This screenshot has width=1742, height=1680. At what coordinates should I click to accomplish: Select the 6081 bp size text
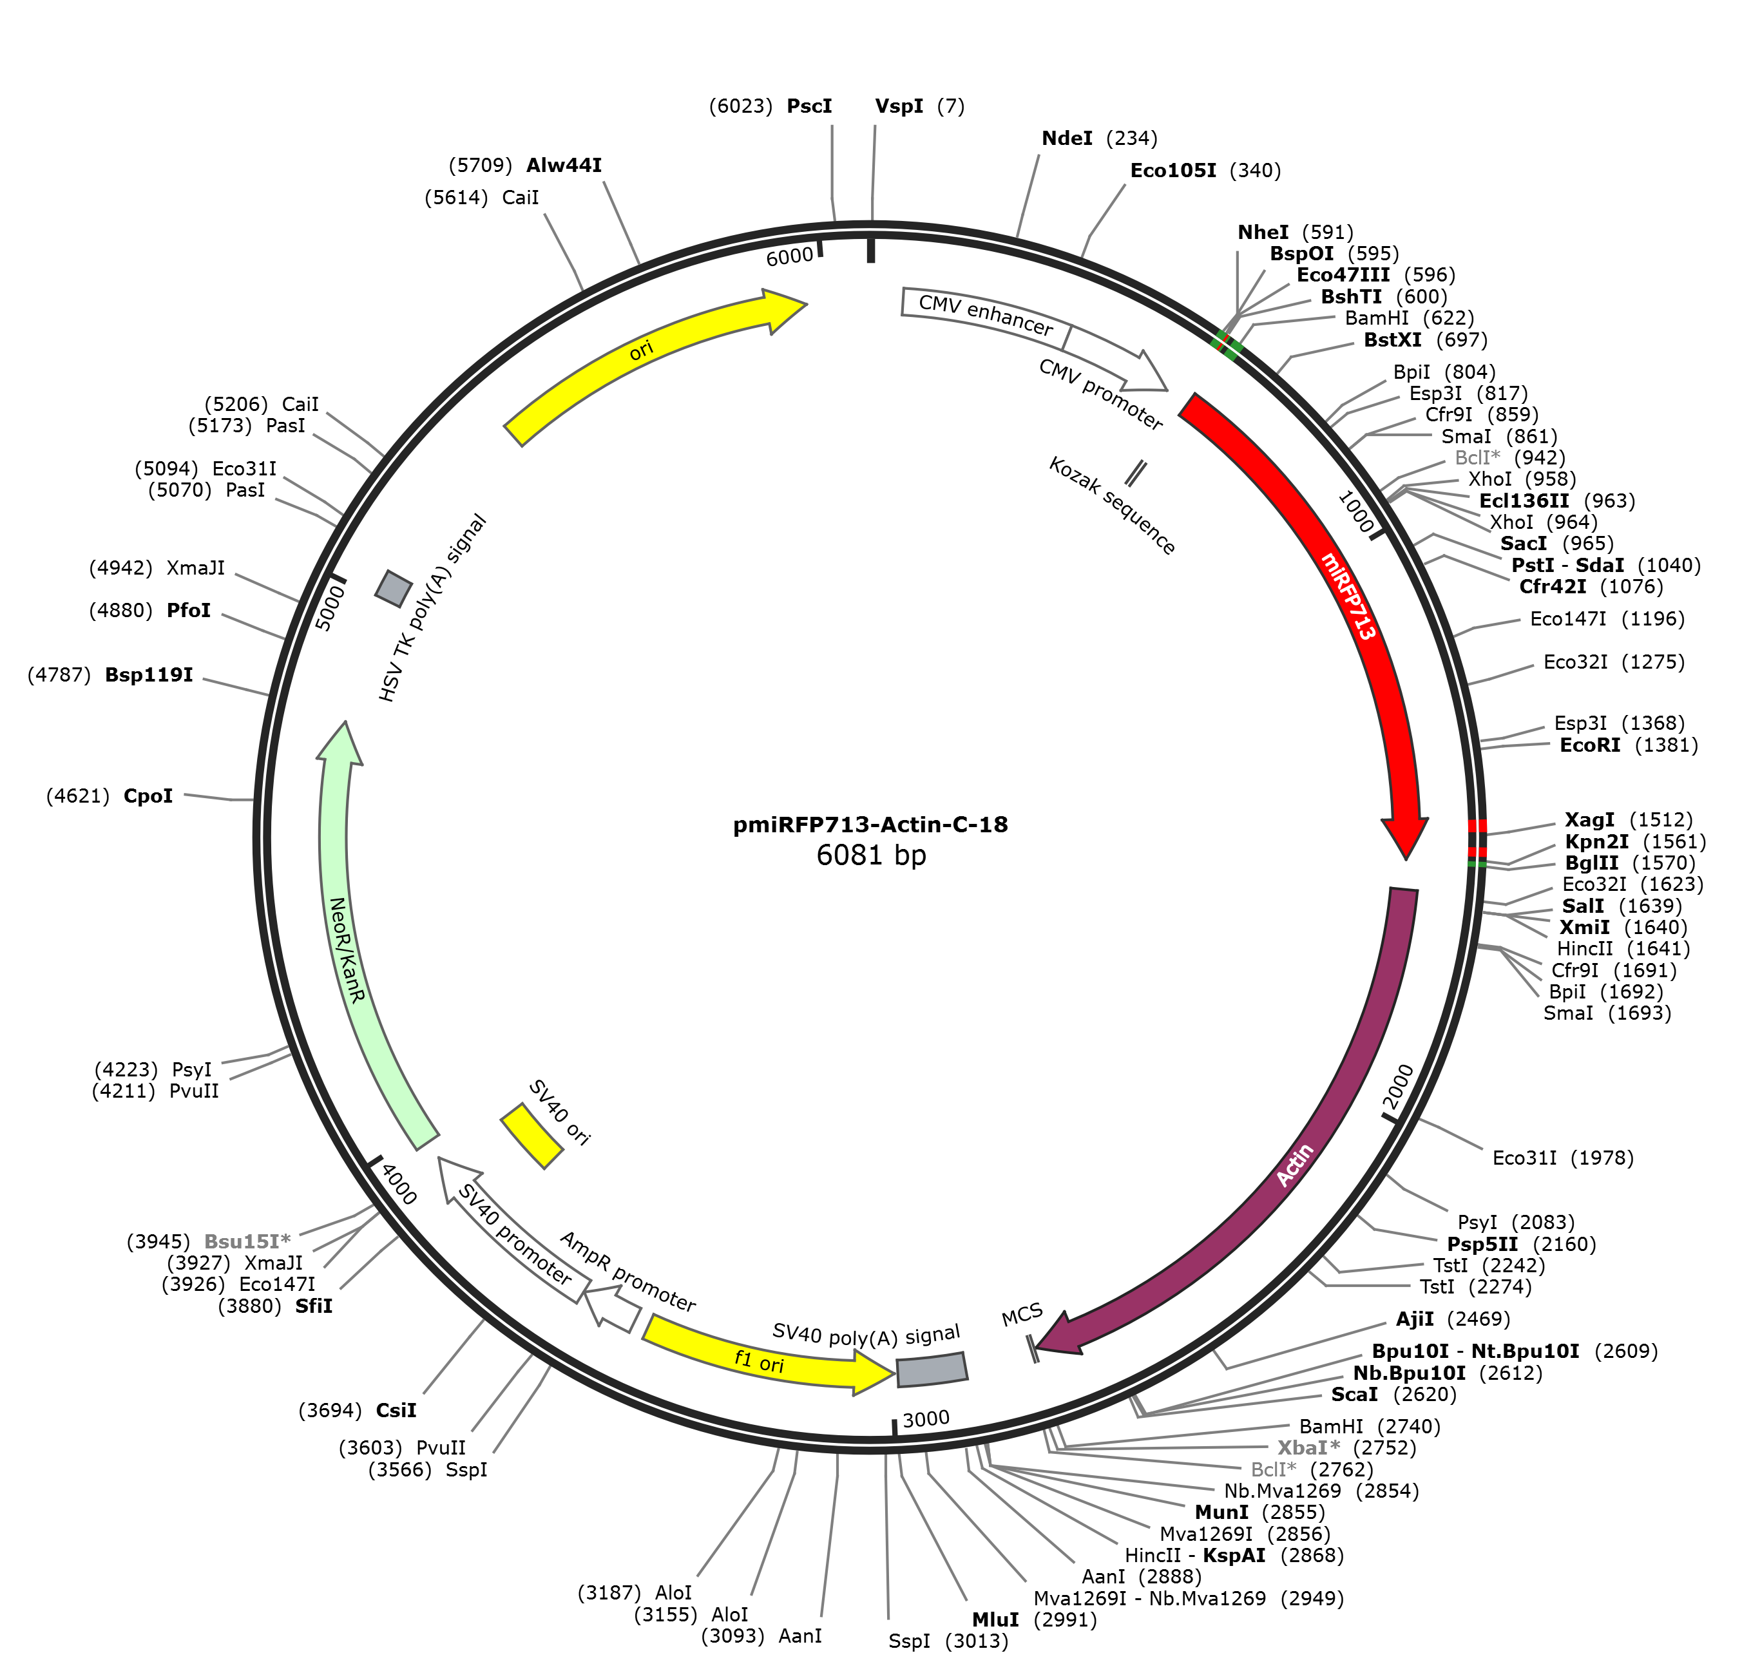tap(871, 855)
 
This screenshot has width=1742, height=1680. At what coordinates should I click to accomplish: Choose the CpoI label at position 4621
tap(110, 796)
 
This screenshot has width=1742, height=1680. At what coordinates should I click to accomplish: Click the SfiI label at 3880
tap(276, 1306)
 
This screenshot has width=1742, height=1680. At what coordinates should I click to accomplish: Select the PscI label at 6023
tap(770, 106)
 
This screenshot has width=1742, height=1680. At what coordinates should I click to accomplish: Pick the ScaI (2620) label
tap(1393, 1394)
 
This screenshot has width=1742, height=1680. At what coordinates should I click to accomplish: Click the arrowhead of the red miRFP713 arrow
tap(1405, 835)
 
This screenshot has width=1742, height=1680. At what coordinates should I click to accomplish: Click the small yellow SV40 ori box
tap(531, 1136)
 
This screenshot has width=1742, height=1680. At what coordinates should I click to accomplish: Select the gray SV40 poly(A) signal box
tap(932, 1370)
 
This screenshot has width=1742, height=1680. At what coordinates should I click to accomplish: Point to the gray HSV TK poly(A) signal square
tap(394, 587)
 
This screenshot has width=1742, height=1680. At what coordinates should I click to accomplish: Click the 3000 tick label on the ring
tap(926, 1418)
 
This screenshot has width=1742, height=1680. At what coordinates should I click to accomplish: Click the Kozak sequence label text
tap(1113, 506)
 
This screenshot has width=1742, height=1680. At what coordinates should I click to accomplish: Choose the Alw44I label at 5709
tap(525, 166)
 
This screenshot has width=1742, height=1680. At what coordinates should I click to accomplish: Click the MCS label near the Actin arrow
tap(1022, 1315)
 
